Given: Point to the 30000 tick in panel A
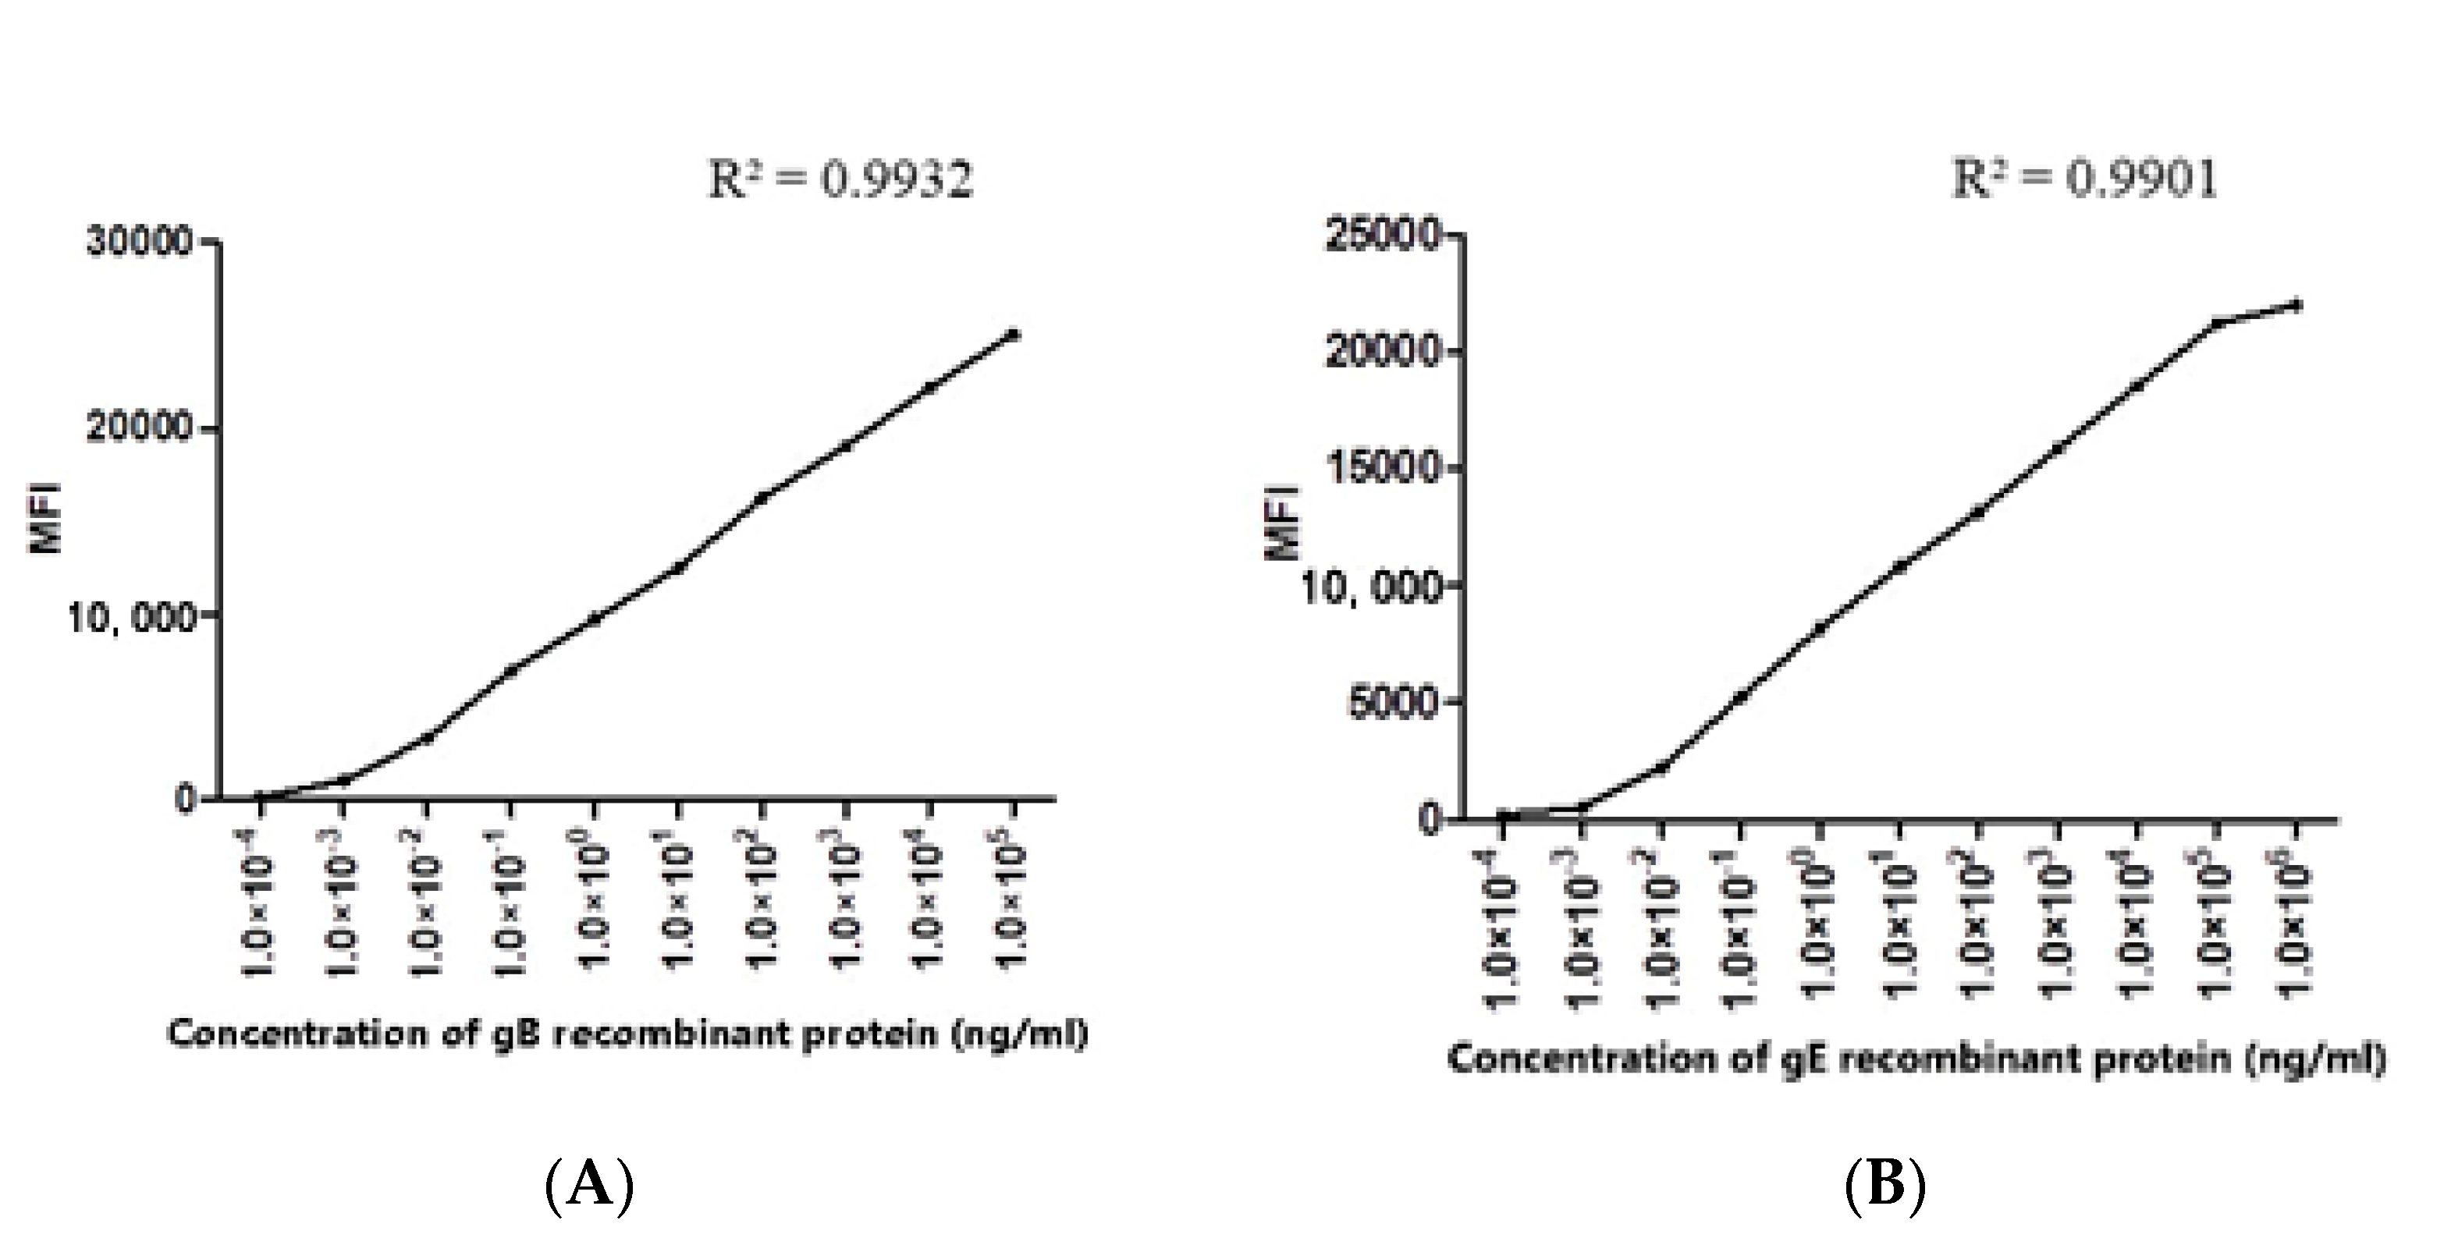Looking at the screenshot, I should pos(140,242).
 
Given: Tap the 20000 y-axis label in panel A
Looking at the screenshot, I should pos(140,428).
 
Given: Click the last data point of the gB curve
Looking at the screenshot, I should pos(1014,334).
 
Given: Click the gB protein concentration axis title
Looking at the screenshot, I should pos(628,1033).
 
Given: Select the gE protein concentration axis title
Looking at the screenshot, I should pos(1916,1058).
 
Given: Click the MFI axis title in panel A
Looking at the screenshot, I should pos(47,519).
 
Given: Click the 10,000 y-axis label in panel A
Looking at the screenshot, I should pos(130,619).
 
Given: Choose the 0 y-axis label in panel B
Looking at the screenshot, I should pos(1427,820).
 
